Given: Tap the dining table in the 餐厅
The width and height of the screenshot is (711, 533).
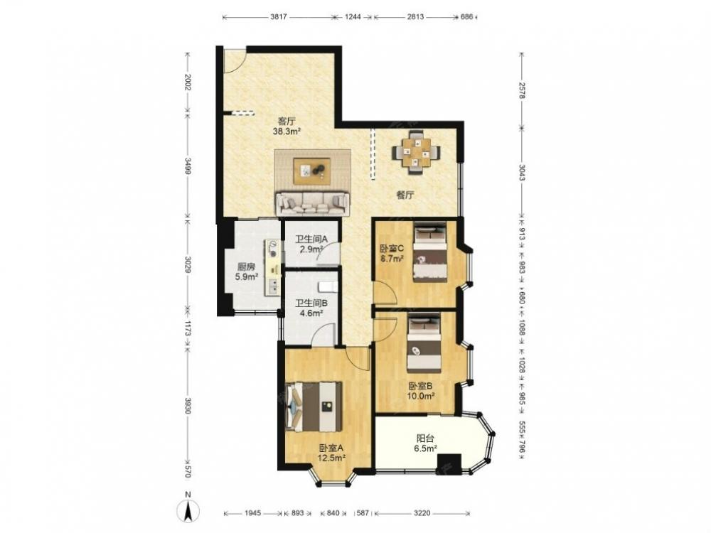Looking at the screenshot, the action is click(416, 152).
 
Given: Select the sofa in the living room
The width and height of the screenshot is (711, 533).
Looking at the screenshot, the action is click(313, 203).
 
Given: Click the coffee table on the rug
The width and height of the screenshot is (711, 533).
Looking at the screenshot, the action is click(312, 171).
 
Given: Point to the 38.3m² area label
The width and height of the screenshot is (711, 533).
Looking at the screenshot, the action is click(287, 132).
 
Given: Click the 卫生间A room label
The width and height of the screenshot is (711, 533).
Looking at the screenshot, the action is click(311, 239).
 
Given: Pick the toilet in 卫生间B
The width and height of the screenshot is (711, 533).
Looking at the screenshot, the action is click(328, 287).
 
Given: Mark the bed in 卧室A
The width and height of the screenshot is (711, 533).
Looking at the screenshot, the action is click(313, 407).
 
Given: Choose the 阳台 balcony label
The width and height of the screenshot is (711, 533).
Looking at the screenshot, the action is click(425, 438).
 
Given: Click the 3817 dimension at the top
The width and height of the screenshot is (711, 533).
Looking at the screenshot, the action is click(278, 17).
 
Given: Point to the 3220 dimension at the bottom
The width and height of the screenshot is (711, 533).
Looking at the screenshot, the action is click(422, 513).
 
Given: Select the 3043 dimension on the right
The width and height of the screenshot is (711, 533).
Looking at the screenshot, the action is click(521, 172).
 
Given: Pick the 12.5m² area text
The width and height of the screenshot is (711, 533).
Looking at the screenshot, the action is click(331, 457).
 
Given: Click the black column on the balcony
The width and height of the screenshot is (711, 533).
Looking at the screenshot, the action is click(449, 463).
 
